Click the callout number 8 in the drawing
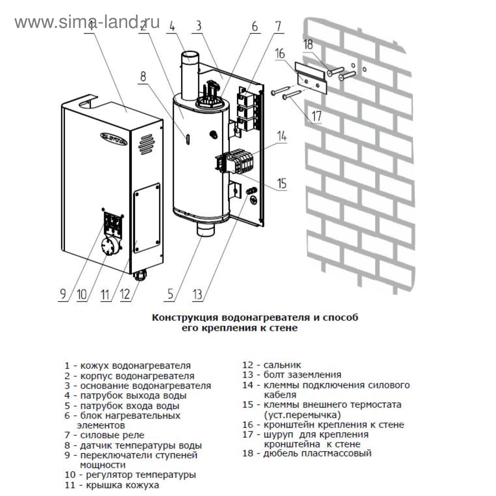(x=143, y=76)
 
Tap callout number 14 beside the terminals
(x=282, y=136)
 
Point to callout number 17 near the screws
(x=317, y=116)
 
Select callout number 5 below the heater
(x=170, y=294)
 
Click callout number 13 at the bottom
(x=197, y=294)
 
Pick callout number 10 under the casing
(x=82, y=294)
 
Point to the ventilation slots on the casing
(x=146, y=144)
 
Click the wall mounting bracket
(x=311, y=78)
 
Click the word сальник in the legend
(x=282, y=365)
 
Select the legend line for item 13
(x=292, y=375)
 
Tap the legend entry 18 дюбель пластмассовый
(x=307, y=453)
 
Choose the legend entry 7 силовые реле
(x=104, y=435)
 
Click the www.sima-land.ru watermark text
(x=87, y=22)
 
